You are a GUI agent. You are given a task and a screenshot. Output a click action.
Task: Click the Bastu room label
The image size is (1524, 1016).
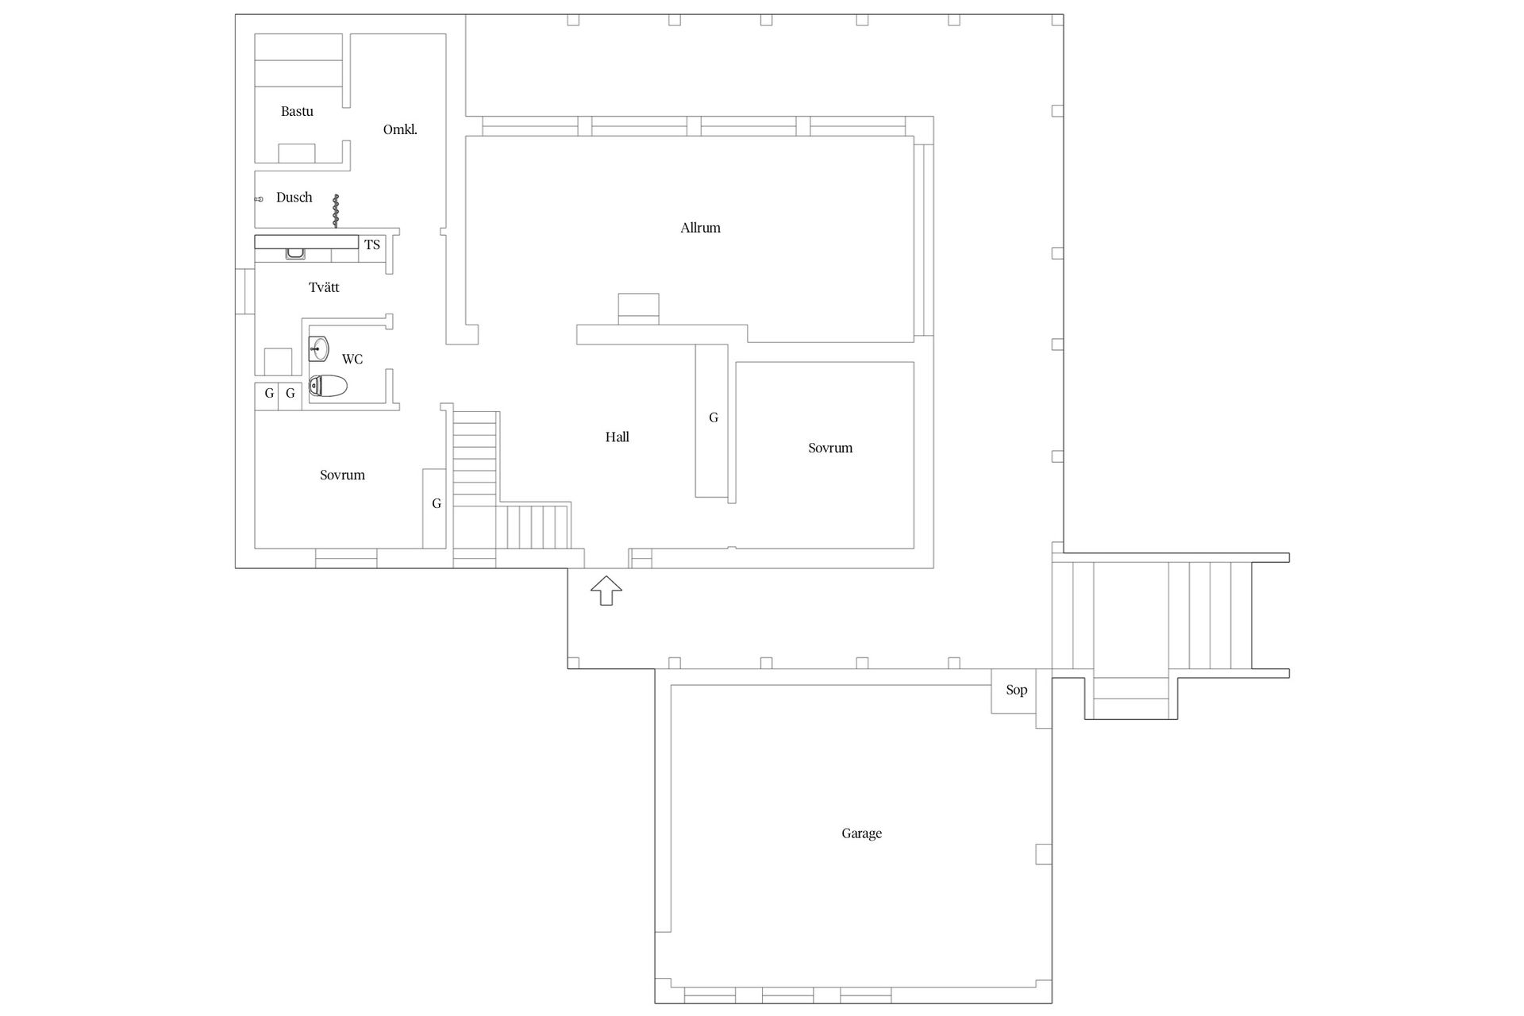(x=297, y=112)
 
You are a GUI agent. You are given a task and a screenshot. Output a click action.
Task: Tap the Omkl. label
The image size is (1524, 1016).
(x=400, y=129)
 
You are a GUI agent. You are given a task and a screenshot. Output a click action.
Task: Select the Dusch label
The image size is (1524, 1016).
(x=294, y=198)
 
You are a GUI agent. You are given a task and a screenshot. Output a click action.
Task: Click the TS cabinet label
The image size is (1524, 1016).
(x=372, y=244)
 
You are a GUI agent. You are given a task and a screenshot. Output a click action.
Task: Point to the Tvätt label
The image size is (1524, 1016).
(x=324, y=287)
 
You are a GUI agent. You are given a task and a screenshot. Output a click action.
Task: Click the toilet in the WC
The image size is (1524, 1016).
(x=328, y=387)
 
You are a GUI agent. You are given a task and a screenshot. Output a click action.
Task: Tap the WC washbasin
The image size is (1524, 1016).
(x=319, y=348)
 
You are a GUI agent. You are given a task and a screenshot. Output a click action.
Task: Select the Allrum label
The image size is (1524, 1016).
(x=700, y=228)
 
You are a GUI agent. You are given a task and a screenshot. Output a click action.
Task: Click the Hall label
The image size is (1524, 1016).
(x=617, y=437)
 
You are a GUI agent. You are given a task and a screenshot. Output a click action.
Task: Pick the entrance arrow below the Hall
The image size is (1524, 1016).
(x=606, y=591)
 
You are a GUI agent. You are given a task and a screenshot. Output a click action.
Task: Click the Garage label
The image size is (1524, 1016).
(x=861, y=833)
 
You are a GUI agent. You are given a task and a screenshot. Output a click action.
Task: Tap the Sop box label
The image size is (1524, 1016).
(x=1016, y=690)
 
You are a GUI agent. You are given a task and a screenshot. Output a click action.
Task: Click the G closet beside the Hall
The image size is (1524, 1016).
(x=712, y=421)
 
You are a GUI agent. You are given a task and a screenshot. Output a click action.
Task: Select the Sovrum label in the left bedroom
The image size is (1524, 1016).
(x=342, y=475)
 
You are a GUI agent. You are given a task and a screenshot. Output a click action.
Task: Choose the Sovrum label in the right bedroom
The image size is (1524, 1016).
(x=830, y=448)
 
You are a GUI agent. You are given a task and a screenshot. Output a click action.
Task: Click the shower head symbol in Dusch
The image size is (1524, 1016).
(x=259, y=198)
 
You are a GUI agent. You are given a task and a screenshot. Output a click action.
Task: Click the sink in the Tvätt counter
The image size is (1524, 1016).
(x=295, y=254)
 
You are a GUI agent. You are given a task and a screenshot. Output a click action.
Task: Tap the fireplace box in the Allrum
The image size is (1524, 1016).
(x=638, y=309)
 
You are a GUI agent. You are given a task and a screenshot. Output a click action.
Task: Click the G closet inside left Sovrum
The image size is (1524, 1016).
(x=434, y=508)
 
